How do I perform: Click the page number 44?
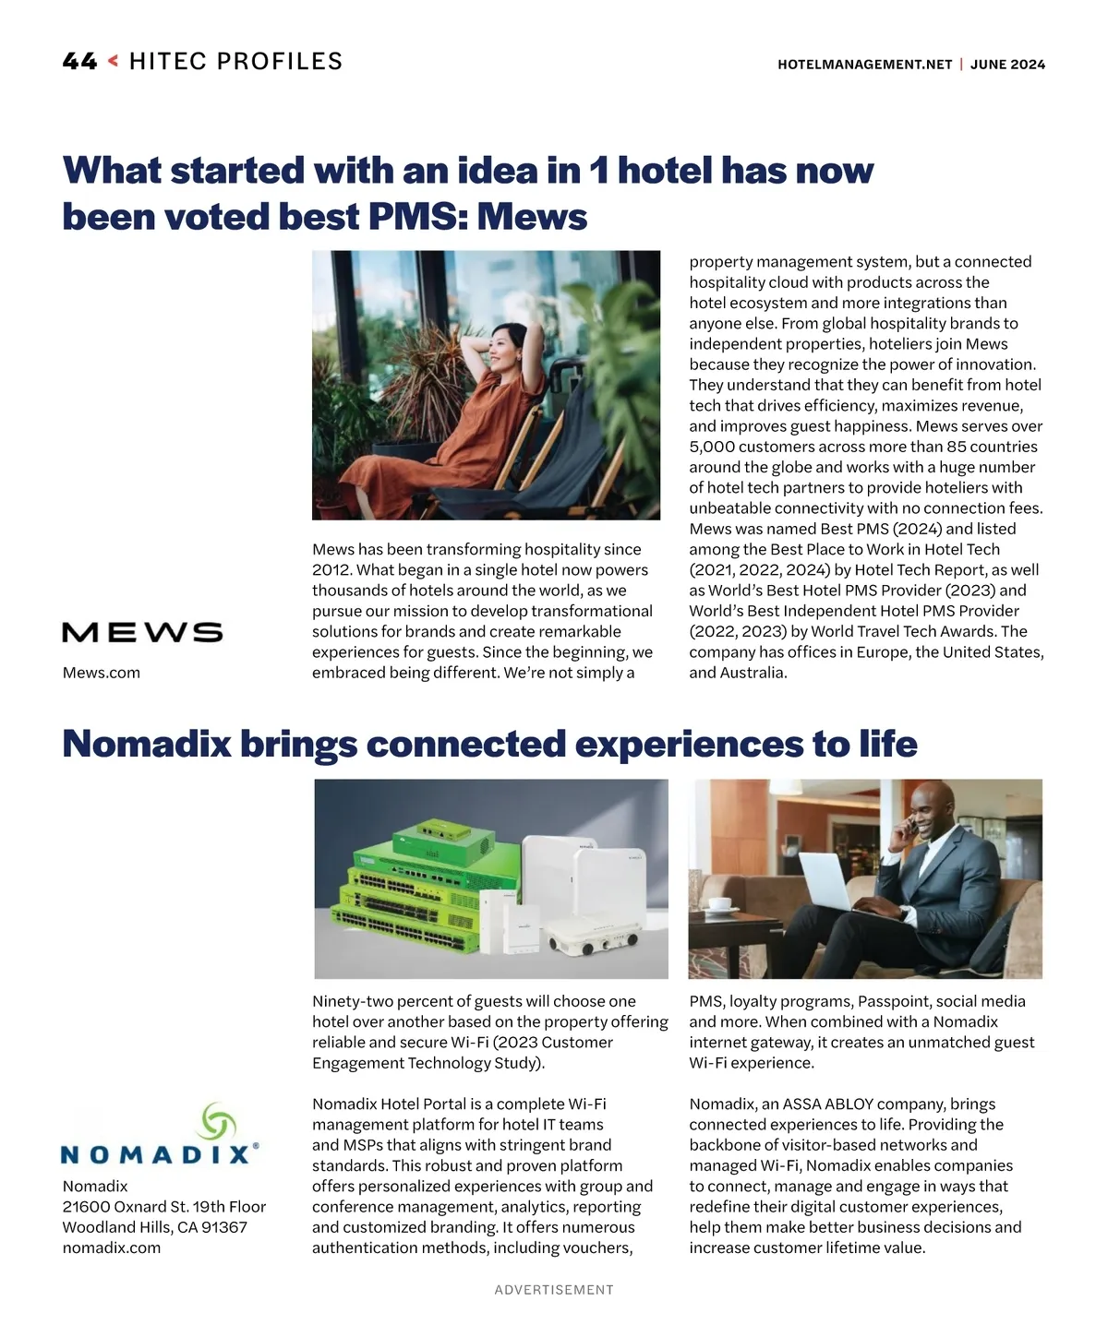point(79,62)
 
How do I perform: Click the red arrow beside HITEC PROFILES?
point(113,62)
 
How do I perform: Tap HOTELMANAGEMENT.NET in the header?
point(864,65)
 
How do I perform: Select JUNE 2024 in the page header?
point(1008,65)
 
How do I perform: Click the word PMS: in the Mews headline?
point(417,217)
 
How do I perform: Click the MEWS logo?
point(142,632)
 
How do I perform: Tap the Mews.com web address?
point(102,673)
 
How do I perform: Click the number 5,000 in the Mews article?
point(712,447)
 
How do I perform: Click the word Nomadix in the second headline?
point(146,744)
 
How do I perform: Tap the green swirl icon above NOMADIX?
point(219,1121)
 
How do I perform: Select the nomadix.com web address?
point(112,1247)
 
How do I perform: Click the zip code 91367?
point(224,1227)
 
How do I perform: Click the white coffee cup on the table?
point(719,905)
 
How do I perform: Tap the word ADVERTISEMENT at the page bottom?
point(554,1290)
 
